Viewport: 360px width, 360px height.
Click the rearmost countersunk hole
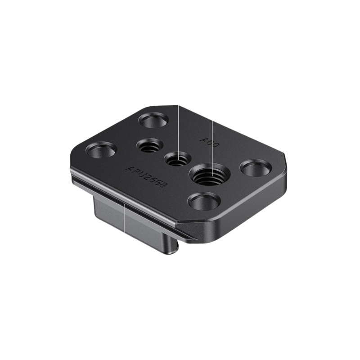pyautogui.click(x=153, y=121)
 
